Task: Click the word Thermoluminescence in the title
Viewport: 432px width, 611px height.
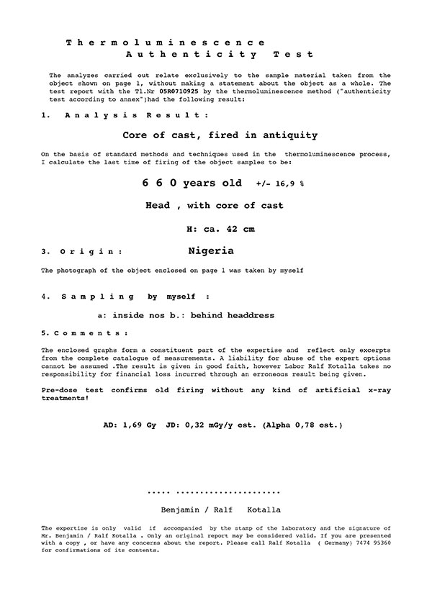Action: coord(165,43)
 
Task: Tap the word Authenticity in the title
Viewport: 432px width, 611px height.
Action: coord(192,55)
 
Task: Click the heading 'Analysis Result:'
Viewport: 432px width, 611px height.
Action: coord(137,115)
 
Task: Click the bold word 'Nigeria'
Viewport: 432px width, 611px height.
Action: coord(210,251)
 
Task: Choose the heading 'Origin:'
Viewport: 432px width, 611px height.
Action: coord(91,253)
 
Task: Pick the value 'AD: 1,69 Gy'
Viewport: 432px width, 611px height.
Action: coord(130,425)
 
